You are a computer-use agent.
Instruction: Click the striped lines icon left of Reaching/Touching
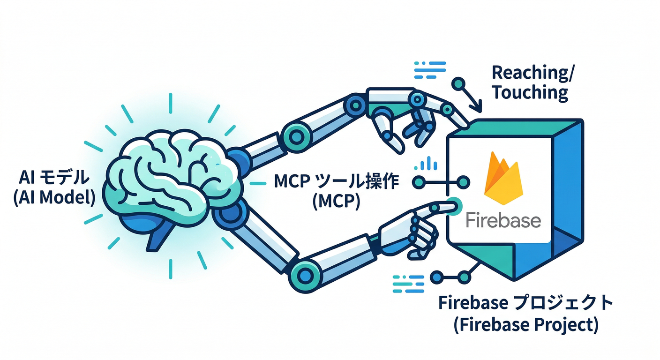[x=429, y=70]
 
